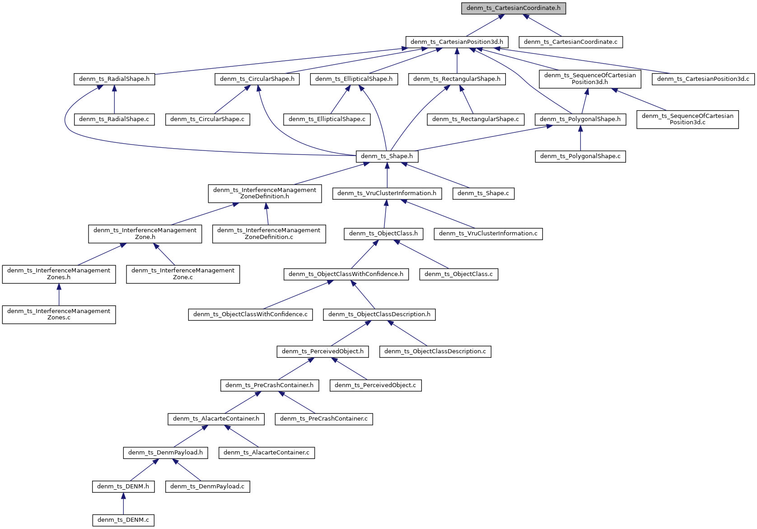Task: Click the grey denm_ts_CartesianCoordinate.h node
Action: click(x=513, y=8)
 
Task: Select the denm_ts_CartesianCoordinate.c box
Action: click(x=570, y=42)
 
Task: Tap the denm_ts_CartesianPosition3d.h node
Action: click(x=457, y=42)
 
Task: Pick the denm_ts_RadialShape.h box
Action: click(x=114, y=79)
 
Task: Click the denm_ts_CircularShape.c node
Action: click(x=207, y=119)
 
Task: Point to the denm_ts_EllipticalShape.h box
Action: click(x=354, y=79)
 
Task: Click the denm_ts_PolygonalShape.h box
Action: click(x=580, y=119)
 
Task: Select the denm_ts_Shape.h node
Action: click(x=387, y=156)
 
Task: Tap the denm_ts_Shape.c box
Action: click(x=483, y=193)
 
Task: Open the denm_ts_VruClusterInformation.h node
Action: click(x=387, y=193)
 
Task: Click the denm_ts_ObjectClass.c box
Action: click(x=458, y=274)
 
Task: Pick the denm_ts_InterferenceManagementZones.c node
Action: click(x=59, y=314)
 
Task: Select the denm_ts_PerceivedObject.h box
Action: click(x=322, y=351)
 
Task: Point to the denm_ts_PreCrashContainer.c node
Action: click(x=324, y=419)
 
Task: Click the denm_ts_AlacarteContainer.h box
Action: click(x=216, y=419)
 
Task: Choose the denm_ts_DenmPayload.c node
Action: click(x=207, y=487)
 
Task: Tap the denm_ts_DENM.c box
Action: click(x=123, y=520)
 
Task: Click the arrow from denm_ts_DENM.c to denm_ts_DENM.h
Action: click(x=123, y=503)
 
